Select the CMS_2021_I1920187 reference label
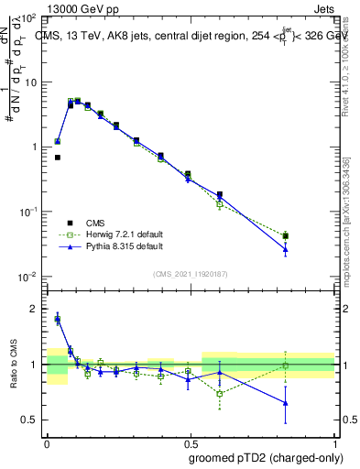[191, 274]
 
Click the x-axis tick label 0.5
[191, 441]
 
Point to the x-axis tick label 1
[335, 441]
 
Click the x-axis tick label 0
[47, 441]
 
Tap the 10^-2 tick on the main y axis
[29, 276]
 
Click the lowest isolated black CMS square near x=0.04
[58, 158]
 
